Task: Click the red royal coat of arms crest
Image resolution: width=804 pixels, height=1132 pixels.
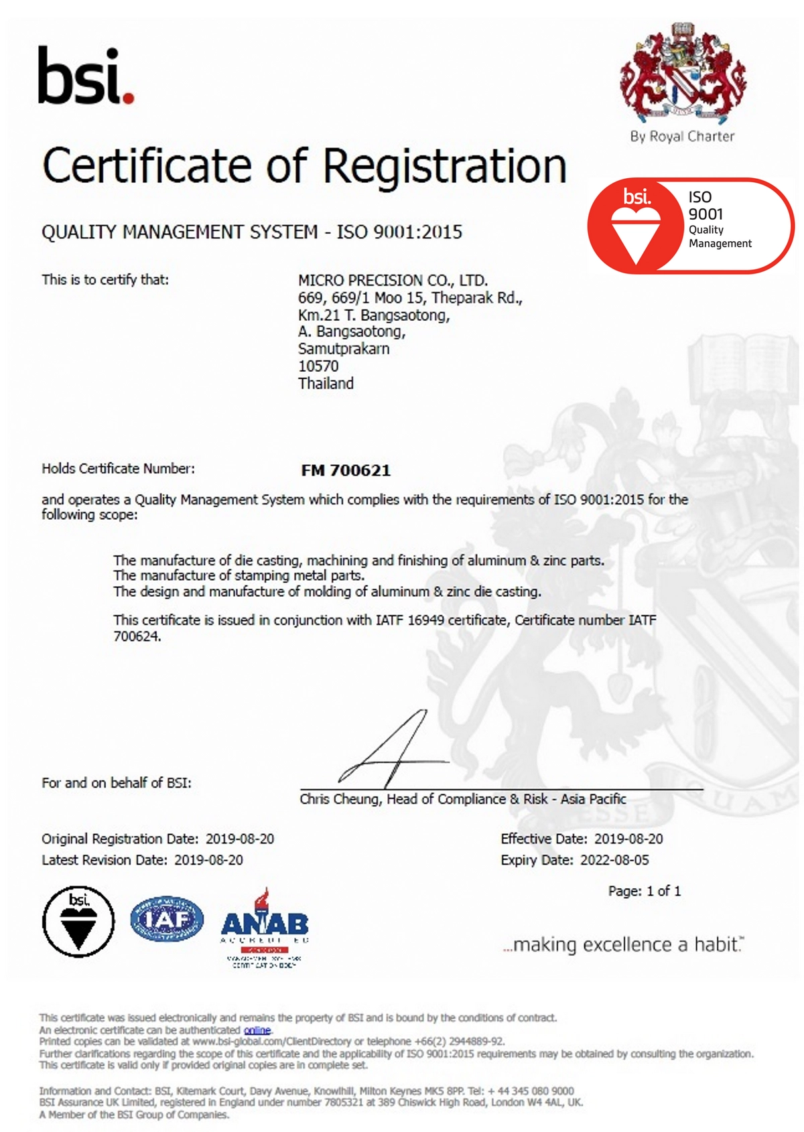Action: pyautogui.click(x=682, y=74)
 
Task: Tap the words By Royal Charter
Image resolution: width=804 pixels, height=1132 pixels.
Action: pyautogui.click(x=682, y=137)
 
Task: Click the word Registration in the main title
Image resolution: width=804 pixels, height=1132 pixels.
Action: pyautogui.click(x=446, y=166)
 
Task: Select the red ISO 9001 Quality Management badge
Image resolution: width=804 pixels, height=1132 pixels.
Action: pyautogui.click(x=690, y=226)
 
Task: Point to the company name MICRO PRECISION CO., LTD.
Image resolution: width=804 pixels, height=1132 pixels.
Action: pyautogui.click(x=393, y=280)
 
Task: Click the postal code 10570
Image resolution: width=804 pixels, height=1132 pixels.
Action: pyautogui.click(x=318, y=366)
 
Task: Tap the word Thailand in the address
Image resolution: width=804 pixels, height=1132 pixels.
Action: pyautogui.click(x=326, y=384)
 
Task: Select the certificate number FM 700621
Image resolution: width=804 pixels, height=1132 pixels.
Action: pyautogui.click(x=346, y=470)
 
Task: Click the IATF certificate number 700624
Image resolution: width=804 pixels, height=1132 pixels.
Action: pyautogui.click(x=137, y=636)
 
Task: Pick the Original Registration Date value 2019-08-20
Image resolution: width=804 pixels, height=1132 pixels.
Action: pyautogui.click(x=239, y=839)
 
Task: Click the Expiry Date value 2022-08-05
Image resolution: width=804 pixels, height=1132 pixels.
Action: pyautogui.click(x=614, y=860)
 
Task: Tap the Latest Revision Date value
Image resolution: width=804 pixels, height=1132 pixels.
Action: pyautogui.click(x=208, y=860)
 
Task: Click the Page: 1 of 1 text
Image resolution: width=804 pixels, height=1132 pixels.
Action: pyautogui.click(x=644, y=891)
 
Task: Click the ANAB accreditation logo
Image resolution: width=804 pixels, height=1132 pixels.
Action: pyautogui.click(x=265, y=928)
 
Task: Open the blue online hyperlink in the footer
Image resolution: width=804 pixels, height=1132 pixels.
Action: pyautogui.click(x=257, y=1030)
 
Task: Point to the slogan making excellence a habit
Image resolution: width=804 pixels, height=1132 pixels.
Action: pyautogui.click(x=623, y=944)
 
